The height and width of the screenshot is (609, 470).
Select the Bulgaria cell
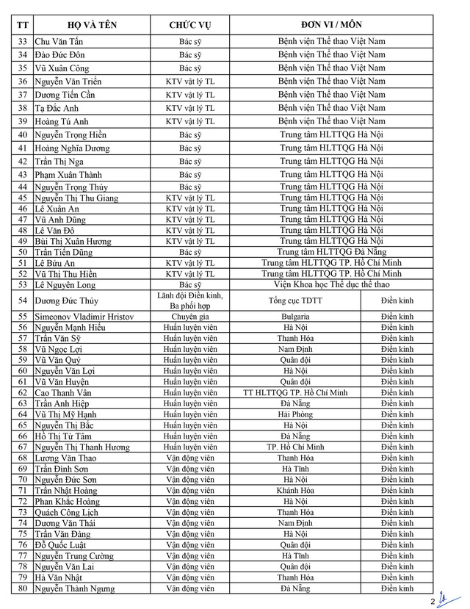pos(294,316)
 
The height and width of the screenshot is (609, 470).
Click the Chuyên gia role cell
pos(190,316)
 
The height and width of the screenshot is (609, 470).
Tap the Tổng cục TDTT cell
pos(294,300)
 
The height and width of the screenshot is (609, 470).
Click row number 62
pos(23,393)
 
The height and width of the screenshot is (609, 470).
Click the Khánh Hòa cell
pos(294,491)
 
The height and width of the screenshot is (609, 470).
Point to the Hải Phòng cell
pos(294,414)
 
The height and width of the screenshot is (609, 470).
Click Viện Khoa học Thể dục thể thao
pos(330,284)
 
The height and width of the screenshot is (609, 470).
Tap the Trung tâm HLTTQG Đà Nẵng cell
pos(330,252)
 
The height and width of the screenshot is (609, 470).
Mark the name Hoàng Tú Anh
pos(62,121)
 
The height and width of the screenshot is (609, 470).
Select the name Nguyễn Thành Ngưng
pos(74,588)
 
